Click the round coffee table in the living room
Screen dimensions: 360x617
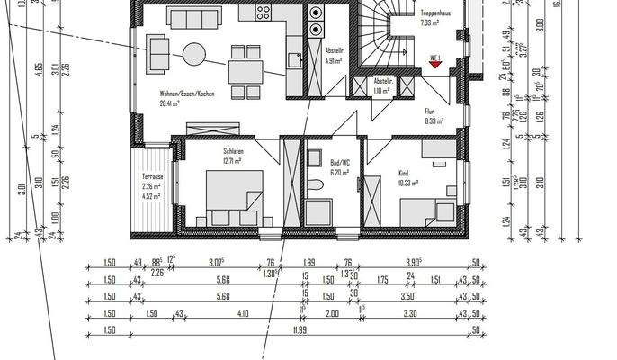click(x=195, y=54)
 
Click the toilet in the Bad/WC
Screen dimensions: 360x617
click(x=315, y=185)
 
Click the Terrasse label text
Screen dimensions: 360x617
click(x=152, y=178)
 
